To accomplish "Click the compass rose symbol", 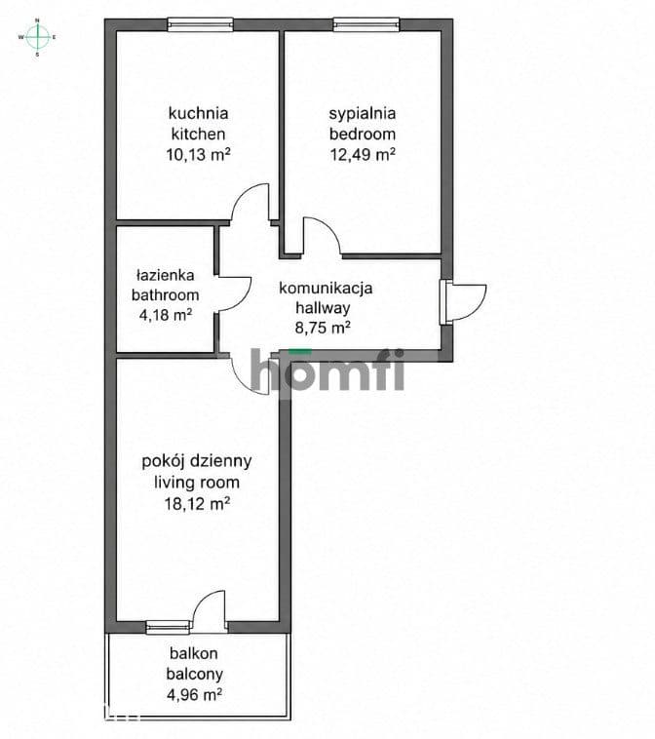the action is coord(38,37).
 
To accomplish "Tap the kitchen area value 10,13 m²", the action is coord(198,155).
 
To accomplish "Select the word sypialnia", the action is coord(362,114).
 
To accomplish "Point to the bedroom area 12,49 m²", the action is coord(362,155).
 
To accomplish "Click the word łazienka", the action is coord(165,275).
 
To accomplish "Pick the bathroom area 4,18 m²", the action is coord(165,315).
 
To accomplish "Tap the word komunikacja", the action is coord(326,288).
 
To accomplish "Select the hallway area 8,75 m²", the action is coord(323,328).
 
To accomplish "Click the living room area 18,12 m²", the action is coord(197,504).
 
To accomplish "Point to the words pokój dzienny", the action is coord(197,461).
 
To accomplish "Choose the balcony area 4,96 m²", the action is coord(194,694).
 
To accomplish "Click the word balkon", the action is coord(194,654).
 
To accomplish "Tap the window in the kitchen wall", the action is coord(200,24).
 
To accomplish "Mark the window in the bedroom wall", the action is coord(366,24).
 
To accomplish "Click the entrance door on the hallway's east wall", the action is coord(463,302).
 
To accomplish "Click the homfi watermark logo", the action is coord(327,370).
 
